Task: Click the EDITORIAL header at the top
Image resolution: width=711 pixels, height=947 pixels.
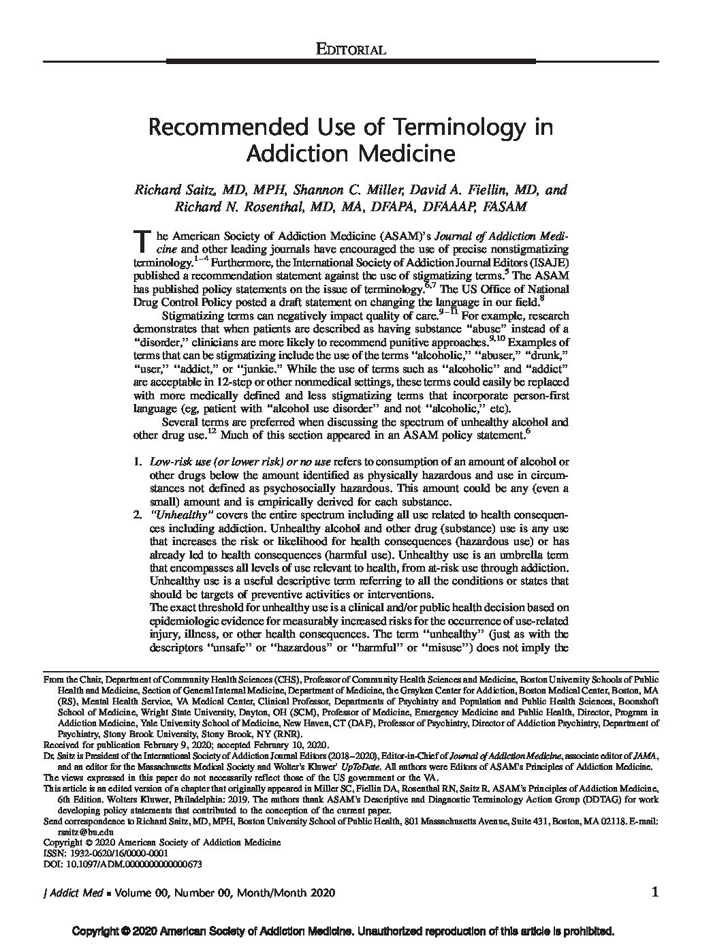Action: [352, 49]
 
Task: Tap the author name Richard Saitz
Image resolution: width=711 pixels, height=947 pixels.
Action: [165, 189]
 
